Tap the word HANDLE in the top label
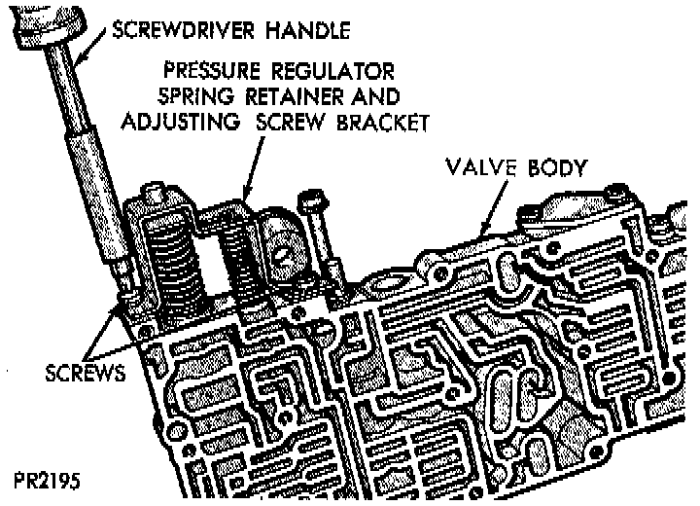(308, 30)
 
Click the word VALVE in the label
(481, 165)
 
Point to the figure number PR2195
(49, 481)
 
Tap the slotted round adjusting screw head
(281, 248)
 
